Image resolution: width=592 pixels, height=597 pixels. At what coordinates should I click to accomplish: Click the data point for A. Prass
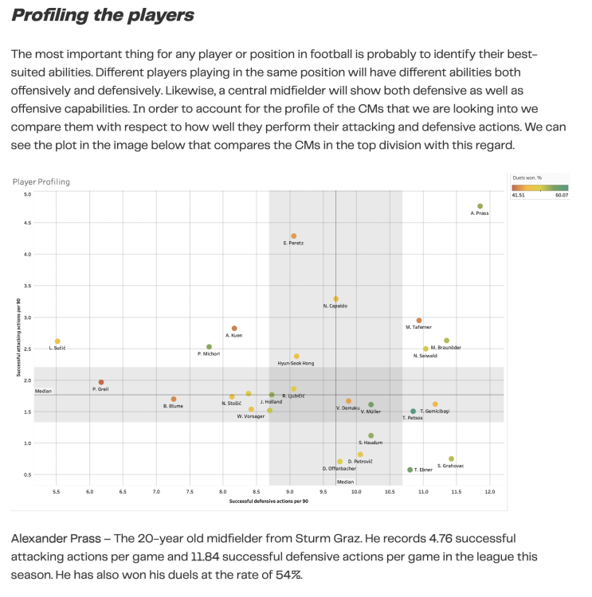tap(480, 206)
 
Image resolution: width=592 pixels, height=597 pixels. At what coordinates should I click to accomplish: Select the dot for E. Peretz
tap(294, 236)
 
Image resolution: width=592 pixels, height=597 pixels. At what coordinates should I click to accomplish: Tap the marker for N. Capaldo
tap(335, 299)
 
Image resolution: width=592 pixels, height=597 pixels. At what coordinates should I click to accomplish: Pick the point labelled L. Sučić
tap(57, 341)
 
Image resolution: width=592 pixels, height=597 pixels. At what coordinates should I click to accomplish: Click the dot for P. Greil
tap(101, 383)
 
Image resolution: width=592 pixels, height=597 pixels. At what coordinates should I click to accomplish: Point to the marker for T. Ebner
tap(410, 470)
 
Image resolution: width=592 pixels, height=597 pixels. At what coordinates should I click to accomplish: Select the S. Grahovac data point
tap(451, 459)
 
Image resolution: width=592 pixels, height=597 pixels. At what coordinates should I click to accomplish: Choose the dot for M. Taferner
tap(419, 321)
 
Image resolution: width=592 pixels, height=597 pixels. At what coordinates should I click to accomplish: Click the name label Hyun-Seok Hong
tap(296, 363)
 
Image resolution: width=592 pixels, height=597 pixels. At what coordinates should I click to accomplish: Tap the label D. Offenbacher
tap(339, 469)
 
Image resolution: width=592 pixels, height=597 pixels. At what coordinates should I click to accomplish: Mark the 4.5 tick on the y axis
tap(27, 223)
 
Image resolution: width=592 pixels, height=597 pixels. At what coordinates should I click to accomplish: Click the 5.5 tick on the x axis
tap(57, 493)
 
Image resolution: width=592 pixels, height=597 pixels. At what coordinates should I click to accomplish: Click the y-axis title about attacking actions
tap(18, 347)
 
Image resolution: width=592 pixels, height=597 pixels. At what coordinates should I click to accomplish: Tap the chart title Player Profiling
tap(41, 181)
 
